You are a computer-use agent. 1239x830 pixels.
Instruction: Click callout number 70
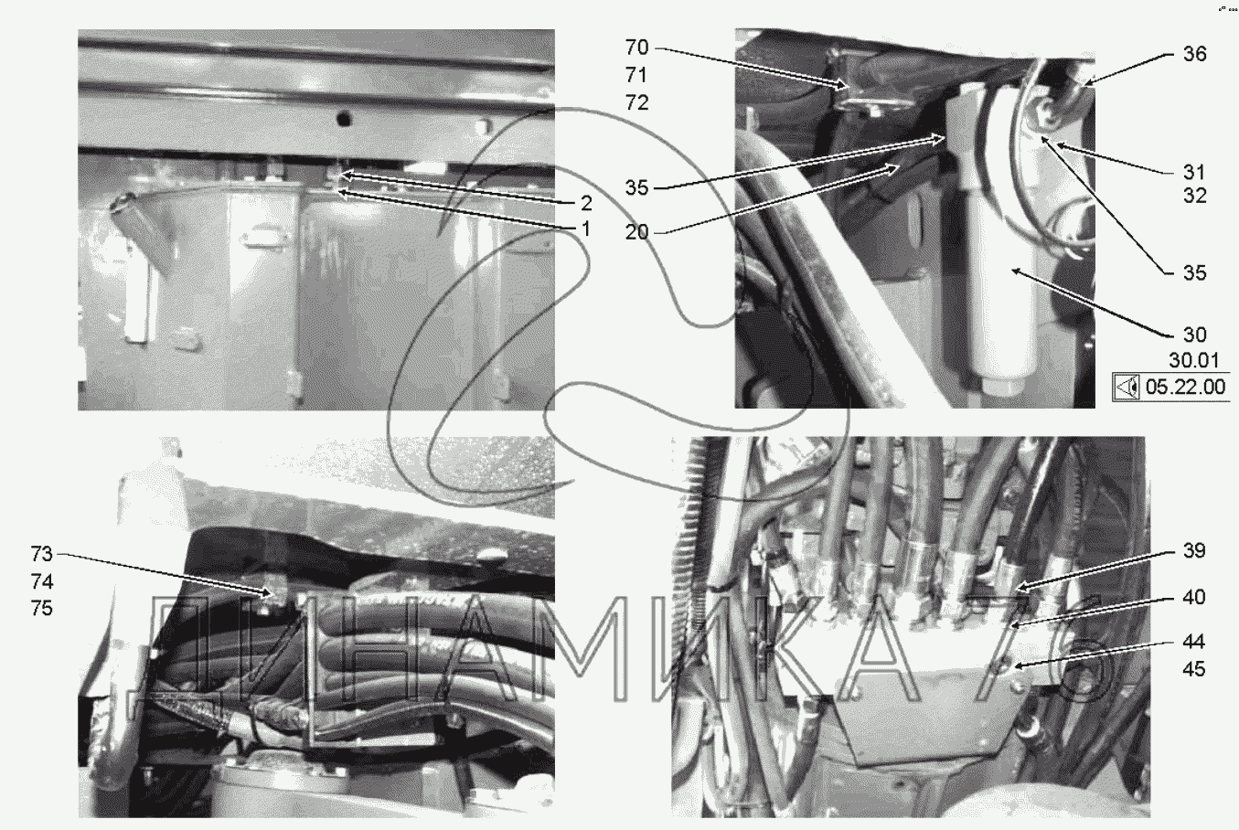click(636, 48)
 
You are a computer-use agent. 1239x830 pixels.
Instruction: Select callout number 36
click(1195, 54)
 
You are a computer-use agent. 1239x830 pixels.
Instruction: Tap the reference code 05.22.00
click(1185, 387)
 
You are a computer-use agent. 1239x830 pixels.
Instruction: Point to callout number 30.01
click(1193, 360)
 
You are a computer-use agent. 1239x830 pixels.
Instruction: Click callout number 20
click(636, 232)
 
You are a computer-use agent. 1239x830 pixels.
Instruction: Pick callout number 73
click(42, 554)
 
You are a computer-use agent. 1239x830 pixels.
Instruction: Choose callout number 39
click(1195, 551)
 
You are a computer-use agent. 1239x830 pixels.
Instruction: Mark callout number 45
click(1193, 670)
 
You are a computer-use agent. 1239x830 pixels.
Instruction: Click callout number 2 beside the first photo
click(586, 204)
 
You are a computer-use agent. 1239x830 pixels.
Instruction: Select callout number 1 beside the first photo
click(585, 229)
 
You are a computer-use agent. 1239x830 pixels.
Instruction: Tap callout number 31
click(1194, 173)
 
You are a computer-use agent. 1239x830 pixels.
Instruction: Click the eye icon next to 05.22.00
click(1127, 387)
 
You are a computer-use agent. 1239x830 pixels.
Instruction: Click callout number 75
click(42, 609)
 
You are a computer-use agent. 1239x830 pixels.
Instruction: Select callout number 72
click(636, 103)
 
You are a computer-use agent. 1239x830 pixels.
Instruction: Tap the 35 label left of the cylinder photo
click(636, 188)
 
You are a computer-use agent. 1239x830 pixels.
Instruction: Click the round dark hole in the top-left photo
click(344, 118)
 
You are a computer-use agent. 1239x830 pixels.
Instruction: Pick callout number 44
click(1193, 642)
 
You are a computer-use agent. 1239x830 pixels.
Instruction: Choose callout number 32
click(1195, 196)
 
